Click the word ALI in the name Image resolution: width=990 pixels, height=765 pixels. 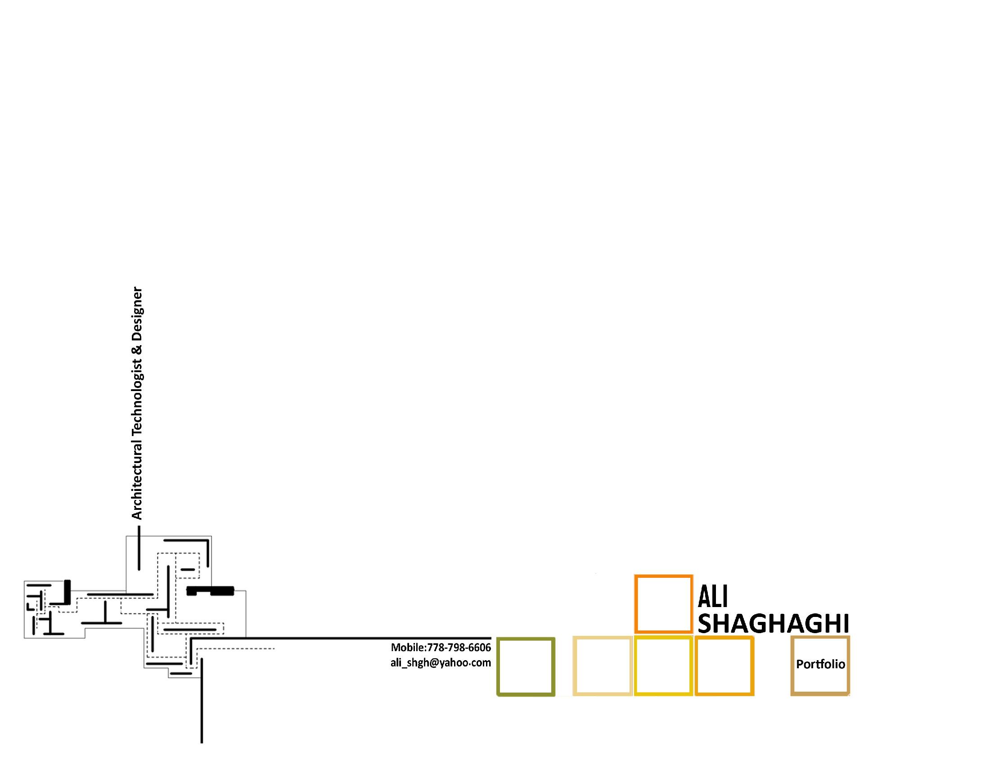pyautogui.click(x=713, y=597)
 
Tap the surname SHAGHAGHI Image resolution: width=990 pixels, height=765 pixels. pyautogui.click(x=773, y=624)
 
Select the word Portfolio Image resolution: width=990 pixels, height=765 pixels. pyautogui.click(x=820, y=664)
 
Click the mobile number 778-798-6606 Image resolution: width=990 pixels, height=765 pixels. pyautogui.click(x=459, y=647)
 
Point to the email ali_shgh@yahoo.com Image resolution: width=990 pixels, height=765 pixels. pyautogui.click(x=441, y=663)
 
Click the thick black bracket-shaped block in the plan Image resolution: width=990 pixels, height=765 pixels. pyautogui.click(x=210, y=590)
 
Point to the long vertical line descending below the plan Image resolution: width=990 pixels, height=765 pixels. pyautogui.click(x=202, y=707)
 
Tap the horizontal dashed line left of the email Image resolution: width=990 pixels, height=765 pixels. pyautogui.click(x=236, y=649)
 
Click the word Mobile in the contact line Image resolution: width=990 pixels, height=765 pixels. pyautogui.click(x=407, y=647)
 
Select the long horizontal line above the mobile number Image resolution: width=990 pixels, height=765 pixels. pyautogui.click(x=345, y=638)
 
